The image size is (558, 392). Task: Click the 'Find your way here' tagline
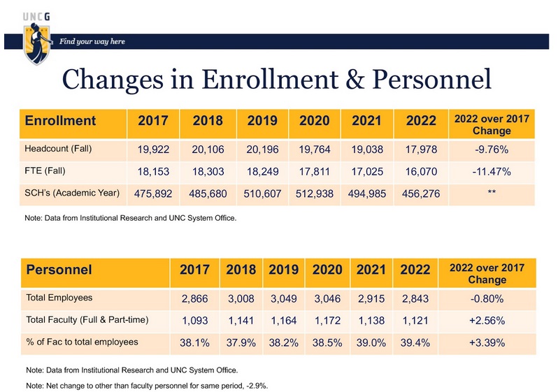(x=92, y=42)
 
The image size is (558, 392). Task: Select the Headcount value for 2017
(x=153, y=149)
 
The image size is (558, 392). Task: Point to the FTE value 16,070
(x=419, y=171)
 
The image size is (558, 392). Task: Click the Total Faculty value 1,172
(x=327, y=320)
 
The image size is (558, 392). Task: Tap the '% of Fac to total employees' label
(x=81, y=342)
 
